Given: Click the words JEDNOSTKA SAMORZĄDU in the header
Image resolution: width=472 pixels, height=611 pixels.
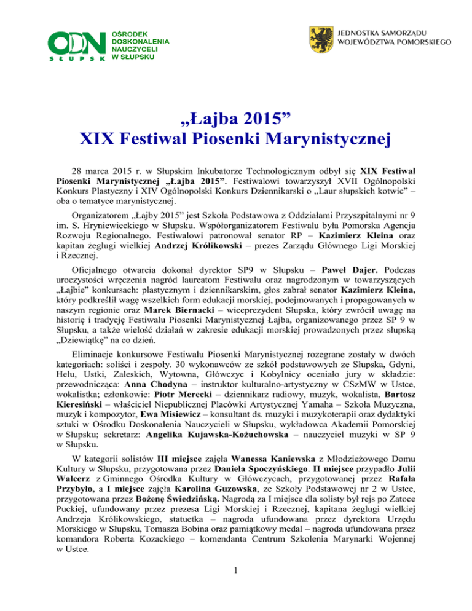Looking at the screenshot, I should pyautogui.click(x=380, y=31).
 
